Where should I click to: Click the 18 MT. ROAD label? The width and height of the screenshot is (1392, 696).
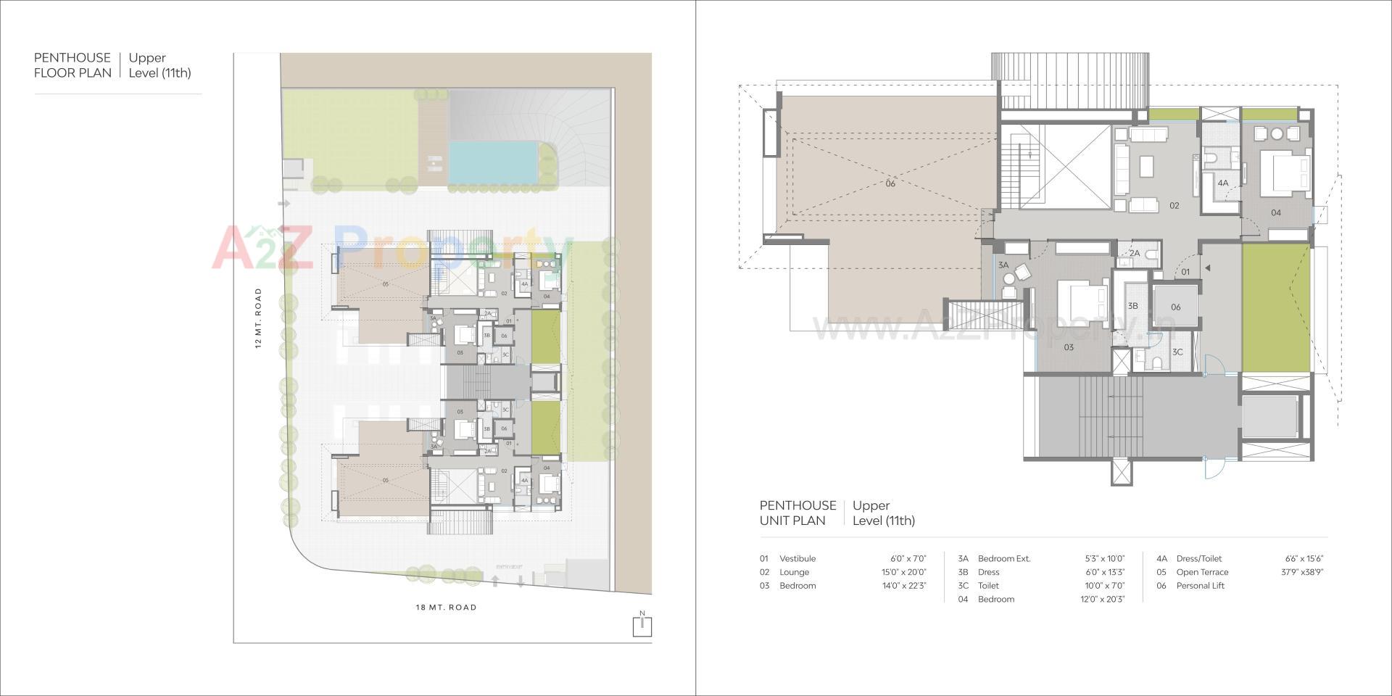446,608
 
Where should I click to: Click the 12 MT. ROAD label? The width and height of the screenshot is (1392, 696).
258,318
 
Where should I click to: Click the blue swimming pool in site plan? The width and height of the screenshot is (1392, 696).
493,162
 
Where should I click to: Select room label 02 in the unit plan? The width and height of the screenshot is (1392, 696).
1174,206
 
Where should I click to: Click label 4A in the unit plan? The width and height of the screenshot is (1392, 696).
1223,183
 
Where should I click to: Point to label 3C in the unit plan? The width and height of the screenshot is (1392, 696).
1177,352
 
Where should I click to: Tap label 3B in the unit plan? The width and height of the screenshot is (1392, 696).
1132,307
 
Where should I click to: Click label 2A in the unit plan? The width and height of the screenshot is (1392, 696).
1135,254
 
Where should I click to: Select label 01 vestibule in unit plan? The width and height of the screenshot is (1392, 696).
1185,273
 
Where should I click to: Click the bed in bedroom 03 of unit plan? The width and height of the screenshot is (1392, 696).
1082,303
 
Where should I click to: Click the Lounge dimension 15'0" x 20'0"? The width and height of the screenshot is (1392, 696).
903,572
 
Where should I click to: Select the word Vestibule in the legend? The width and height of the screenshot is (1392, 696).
797,559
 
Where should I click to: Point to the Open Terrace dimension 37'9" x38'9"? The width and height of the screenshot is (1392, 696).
1302,572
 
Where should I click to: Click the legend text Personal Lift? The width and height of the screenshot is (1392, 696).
1200,586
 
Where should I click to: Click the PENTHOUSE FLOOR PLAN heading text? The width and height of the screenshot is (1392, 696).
72,65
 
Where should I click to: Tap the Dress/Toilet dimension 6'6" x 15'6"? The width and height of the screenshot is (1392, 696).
1304,559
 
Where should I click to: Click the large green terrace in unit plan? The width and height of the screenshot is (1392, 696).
1276,307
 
